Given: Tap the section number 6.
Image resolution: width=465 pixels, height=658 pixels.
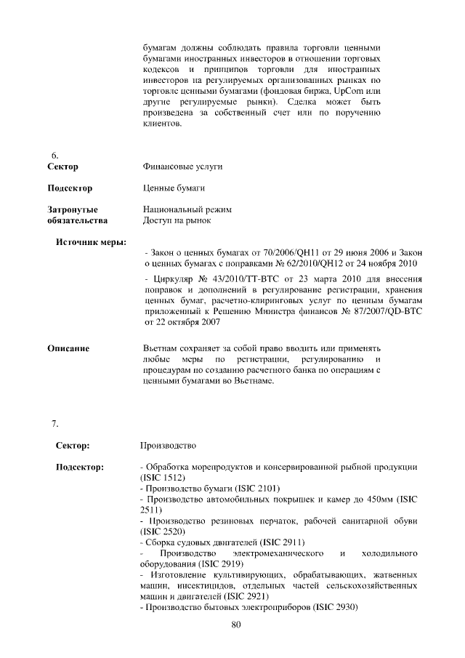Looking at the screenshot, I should (x=54, y=156).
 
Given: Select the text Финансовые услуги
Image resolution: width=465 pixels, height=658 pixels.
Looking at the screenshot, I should (x=183, y=166).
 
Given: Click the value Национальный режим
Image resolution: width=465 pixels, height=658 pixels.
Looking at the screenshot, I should (x=187, y=209).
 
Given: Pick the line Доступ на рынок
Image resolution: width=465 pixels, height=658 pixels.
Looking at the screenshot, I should (x=178, y=220).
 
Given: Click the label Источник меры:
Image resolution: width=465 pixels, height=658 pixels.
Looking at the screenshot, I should (x=91, y=241).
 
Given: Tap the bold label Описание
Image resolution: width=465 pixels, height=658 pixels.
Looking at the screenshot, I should (x=68, y=348).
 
